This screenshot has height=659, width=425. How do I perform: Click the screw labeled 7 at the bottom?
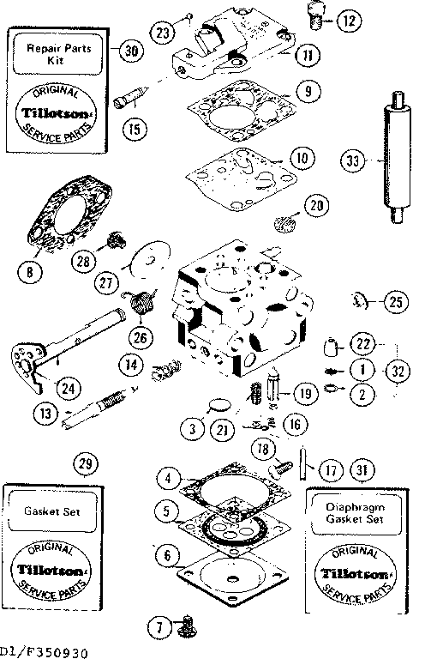click(x=183, y=632)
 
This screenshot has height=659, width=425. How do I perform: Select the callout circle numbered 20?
click(x=317, y=205)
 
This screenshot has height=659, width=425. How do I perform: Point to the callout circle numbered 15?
click(x=131, y=130)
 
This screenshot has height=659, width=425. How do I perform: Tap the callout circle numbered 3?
click(x=195, y=426)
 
